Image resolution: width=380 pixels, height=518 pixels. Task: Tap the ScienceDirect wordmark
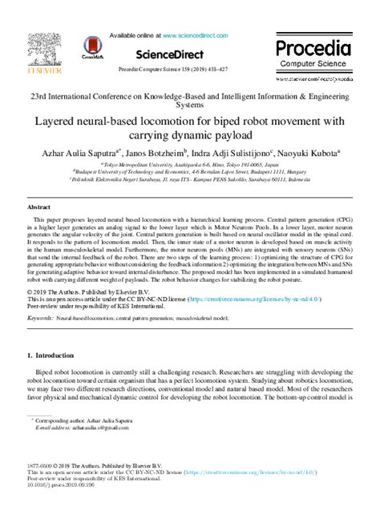pos(189,53)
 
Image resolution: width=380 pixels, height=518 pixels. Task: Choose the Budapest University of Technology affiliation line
pos(189,170)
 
